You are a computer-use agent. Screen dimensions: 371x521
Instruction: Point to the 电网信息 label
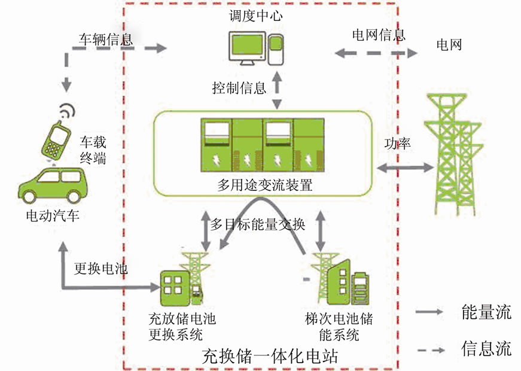378,34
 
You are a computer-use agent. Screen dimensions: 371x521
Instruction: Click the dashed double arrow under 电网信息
376,54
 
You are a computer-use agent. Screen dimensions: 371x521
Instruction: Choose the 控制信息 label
239,89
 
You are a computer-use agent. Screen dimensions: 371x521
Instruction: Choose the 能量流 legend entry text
486,312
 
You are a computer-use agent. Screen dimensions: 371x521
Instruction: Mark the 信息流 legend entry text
486,348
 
